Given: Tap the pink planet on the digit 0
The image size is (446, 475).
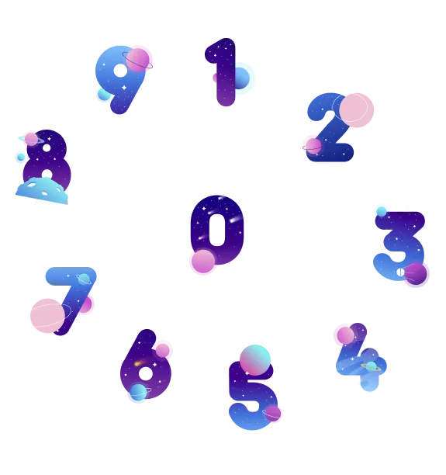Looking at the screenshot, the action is coord(203,261).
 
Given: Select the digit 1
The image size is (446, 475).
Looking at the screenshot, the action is coord(224,72).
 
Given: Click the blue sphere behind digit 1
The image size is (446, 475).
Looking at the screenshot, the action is coord(242,78).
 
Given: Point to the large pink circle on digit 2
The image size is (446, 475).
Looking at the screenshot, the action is coord(356,110).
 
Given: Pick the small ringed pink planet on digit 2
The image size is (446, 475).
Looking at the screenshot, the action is coord(313,147).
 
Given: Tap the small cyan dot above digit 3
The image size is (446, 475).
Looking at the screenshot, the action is coord(382,211).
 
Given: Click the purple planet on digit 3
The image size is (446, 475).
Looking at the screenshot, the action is coord(416,274).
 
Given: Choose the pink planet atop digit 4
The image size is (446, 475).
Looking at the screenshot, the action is coord(345,335).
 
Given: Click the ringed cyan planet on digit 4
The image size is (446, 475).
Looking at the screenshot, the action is coord(372,366).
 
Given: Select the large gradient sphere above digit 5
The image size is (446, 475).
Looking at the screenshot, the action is coord(255,360).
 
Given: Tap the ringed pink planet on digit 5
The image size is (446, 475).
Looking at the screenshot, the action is coord(272,414).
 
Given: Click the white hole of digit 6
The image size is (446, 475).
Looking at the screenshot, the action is coord(146,373).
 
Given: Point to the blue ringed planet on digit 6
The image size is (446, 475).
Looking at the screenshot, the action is coord(138,392).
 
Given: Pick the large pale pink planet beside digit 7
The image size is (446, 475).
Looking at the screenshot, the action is coord(47,316).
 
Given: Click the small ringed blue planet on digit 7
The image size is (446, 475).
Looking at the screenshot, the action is coord(84,279).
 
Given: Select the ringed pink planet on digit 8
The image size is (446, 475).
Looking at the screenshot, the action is coord(31,139).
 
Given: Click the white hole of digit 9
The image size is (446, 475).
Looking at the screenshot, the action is coord(120,71).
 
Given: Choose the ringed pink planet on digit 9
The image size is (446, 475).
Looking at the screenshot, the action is coord(137,60).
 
